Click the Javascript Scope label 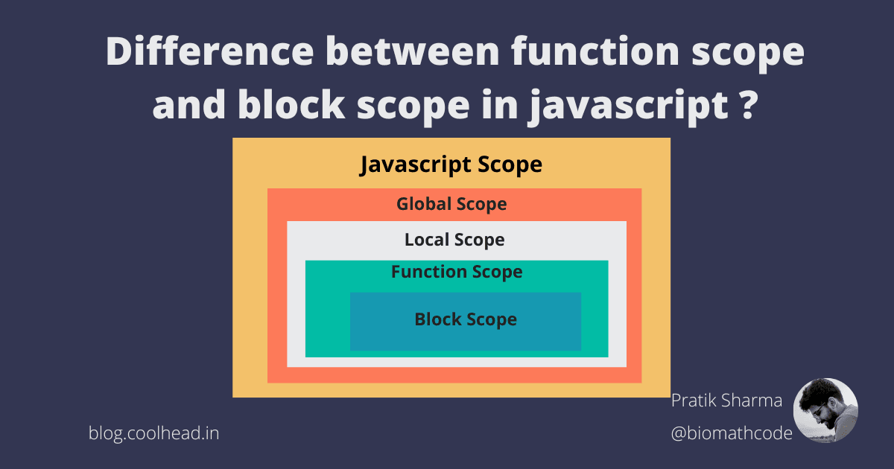pos(451,165)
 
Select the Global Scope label pos(451,204)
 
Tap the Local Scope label pos(454,240)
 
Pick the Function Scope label pos(457,272)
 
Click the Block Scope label pos(466,319)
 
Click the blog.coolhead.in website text pos(153,433)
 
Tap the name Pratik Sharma pos(726,401)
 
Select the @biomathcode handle pos(732,433)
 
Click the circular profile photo pos(825,411)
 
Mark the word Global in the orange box pos(423,204)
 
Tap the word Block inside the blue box pos(437,319)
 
